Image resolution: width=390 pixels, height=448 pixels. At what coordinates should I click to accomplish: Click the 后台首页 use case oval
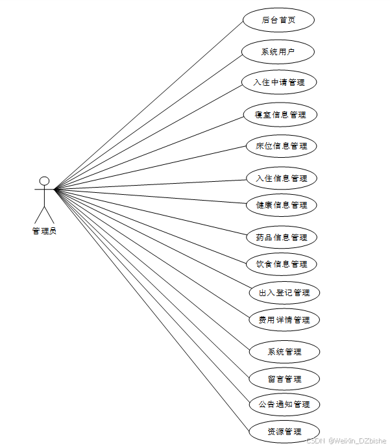point(278,20)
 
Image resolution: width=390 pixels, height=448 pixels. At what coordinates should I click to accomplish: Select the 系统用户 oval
point(278,52)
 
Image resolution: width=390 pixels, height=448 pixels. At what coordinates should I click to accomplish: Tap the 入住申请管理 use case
point(278,82)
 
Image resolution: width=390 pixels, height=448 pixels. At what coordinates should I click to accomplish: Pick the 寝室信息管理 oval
point(280,115)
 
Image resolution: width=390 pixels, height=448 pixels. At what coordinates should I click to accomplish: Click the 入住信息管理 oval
point(281,178)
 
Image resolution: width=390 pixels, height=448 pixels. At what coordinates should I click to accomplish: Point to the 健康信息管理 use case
point(281,205)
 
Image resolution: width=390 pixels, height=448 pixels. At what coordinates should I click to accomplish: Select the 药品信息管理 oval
point(281,237)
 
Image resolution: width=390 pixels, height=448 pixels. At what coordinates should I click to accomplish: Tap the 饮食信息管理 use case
point(281,264)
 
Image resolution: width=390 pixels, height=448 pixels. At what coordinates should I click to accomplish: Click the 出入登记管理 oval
point(284,292)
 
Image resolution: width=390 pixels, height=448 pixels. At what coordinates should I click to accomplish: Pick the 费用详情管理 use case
point(284,319)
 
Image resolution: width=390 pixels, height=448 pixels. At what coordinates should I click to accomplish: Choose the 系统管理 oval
point(284,351)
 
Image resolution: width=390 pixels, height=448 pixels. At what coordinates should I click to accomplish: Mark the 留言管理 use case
point(284,379)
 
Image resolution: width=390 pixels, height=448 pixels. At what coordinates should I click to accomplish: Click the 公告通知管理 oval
point(284,404)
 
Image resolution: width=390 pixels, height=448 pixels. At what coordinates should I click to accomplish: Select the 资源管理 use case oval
point(284,432)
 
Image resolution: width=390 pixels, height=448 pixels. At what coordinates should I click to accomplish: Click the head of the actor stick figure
point(44,180)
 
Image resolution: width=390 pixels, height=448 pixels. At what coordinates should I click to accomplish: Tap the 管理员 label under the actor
point(44,230)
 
